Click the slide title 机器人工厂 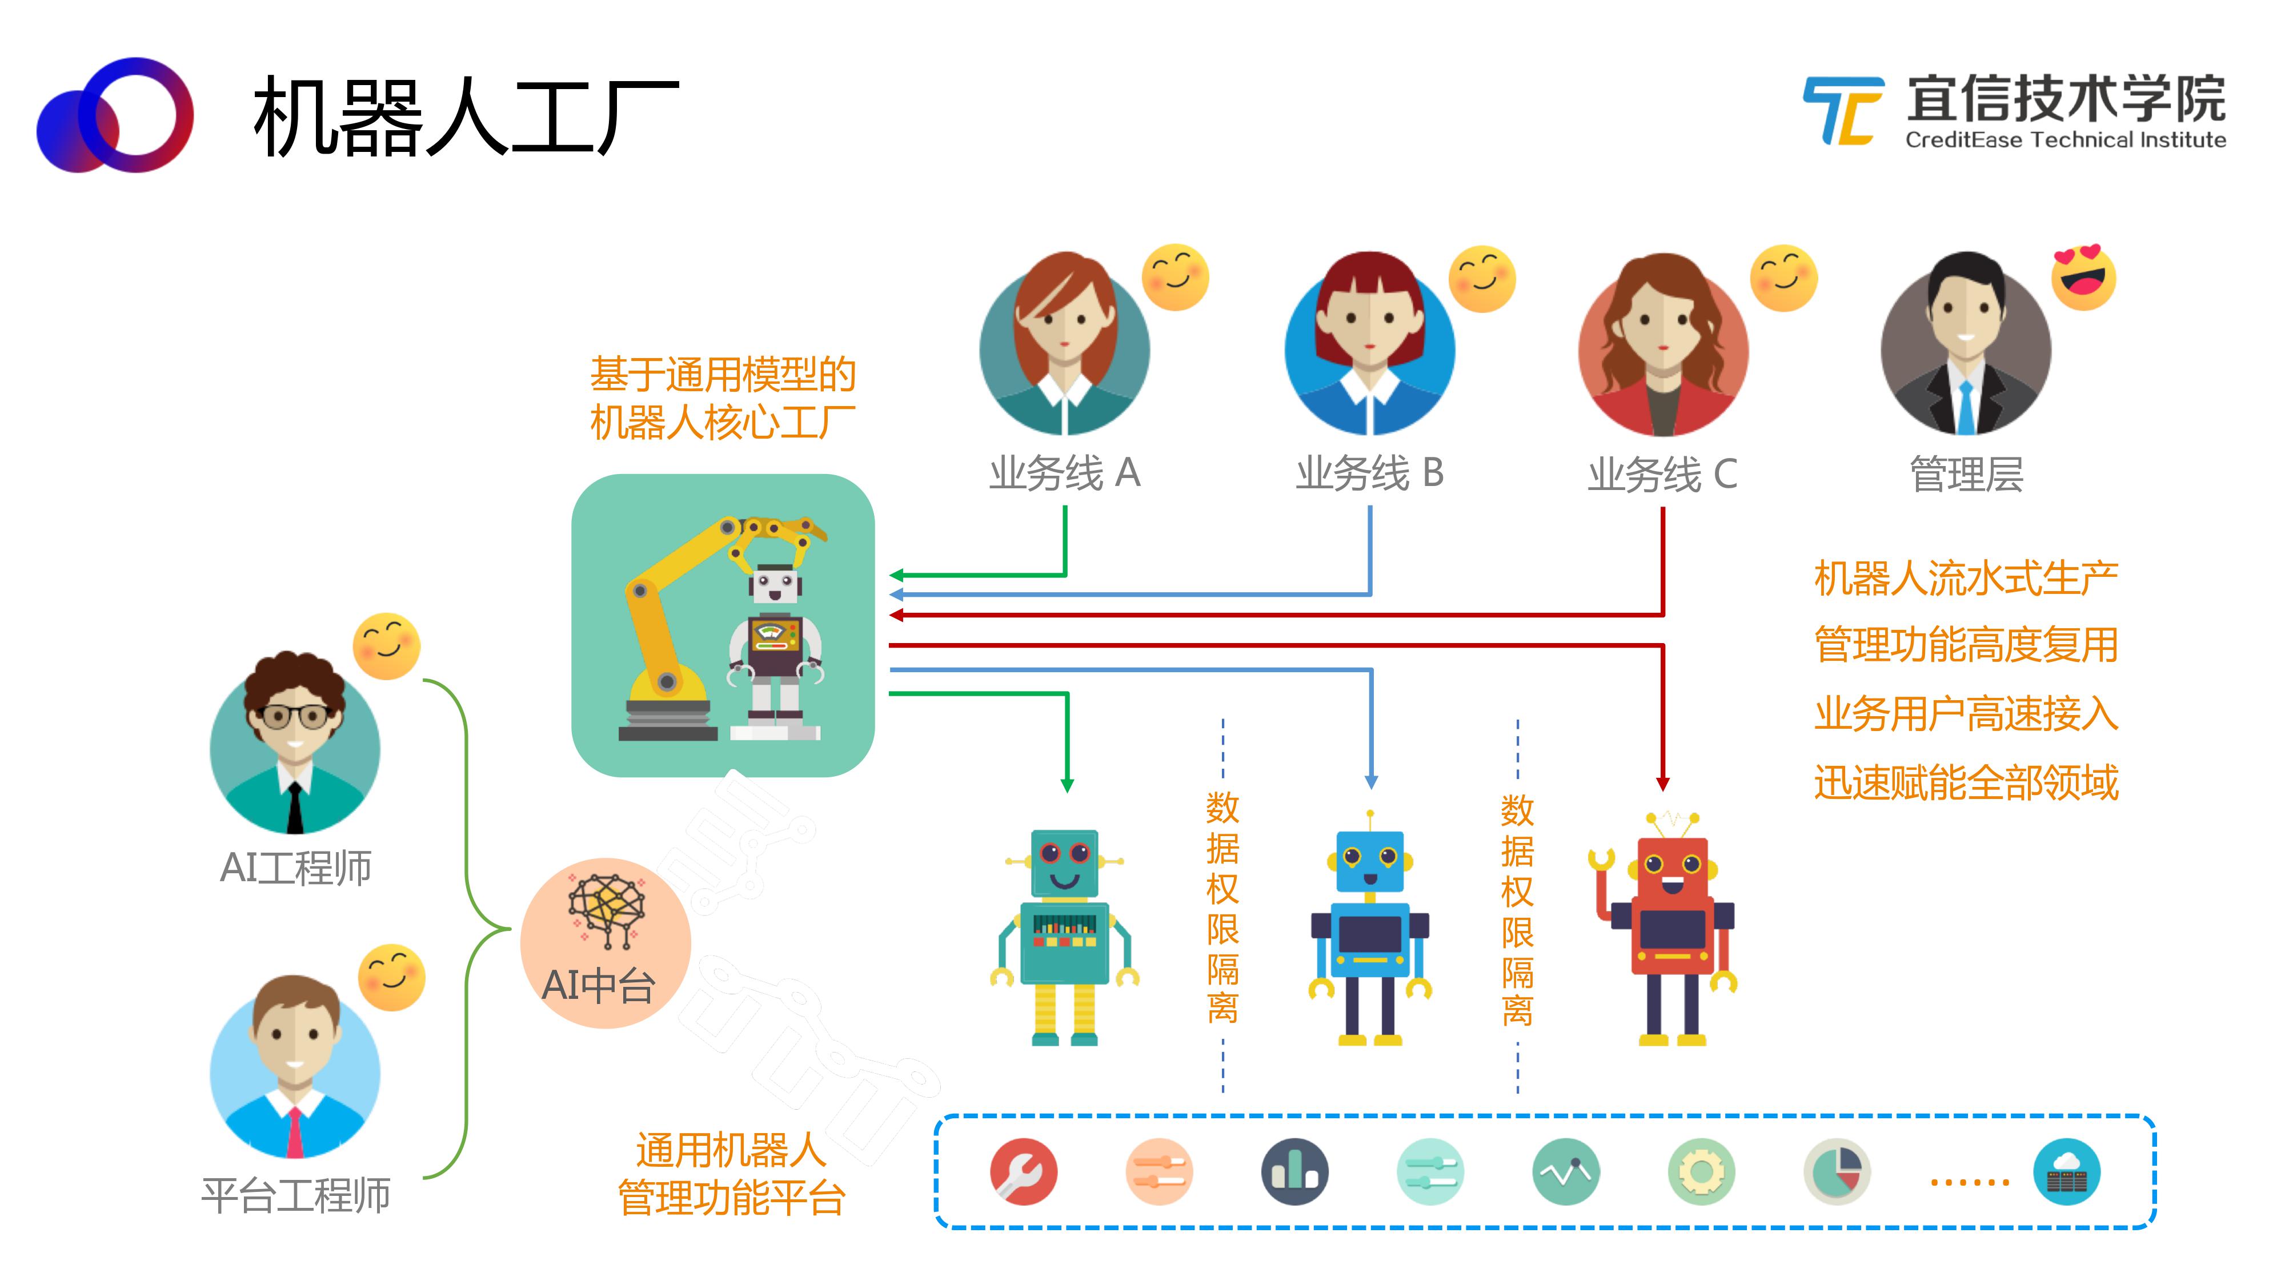466,116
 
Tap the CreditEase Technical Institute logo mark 1843,111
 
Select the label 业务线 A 1064,473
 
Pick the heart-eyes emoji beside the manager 2084,276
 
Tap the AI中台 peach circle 606,943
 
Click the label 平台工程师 295,1195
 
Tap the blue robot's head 1370,860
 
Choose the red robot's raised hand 1601,860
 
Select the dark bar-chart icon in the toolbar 1294,1171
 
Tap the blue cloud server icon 2067,1171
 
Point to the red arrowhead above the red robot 1663,784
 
